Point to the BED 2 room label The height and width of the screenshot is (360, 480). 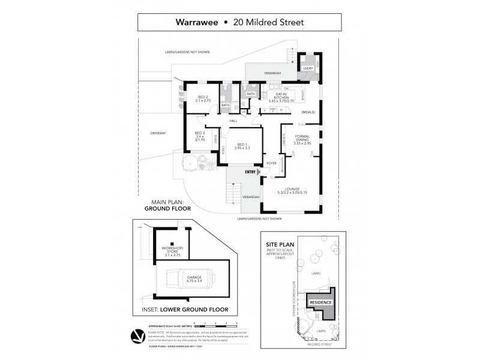coord(203,98)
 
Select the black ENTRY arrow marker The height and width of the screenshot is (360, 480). coord(259,172)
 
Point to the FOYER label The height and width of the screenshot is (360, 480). coord(271,163)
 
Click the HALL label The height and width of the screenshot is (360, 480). coord(233,121)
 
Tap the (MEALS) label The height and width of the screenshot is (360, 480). coord(308,112)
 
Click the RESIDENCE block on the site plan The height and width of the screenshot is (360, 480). coord(320,302)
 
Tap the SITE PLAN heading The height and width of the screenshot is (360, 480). coord(283,245)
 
